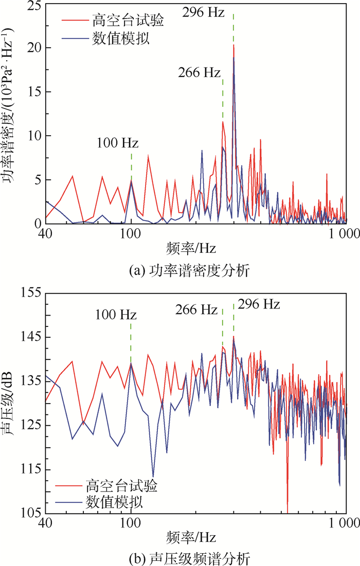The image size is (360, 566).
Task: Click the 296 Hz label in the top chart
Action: pyautogui.click(x=204, y=11)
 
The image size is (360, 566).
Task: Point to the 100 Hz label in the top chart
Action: pyautogui.click(x=118, y=142)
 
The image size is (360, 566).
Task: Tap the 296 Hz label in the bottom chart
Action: pyautogui.click(x=259, y=304)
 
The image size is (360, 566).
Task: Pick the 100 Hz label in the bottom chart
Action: pyautogui.click(x=116, y=314)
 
